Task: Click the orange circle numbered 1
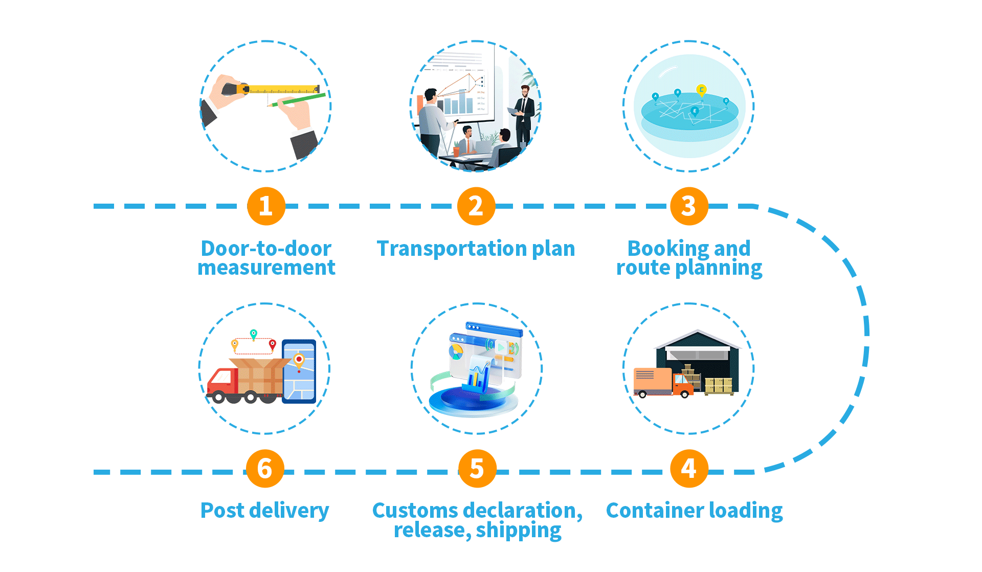[x=266, y=206]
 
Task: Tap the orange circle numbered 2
[x=476, y=206]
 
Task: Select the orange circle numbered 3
[x=689, y=206]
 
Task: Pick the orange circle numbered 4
[x=689, y=469]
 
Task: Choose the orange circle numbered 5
[x=477, y=469]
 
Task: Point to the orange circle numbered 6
[x=265, y=469]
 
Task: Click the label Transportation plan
[x=476, y=249]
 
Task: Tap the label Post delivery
[x=264, y=511]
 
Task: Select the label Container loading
[x=694, y=511]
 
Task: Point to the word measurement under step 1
[x=266, y=268]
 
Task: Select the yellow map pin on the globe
[x=702, y=90]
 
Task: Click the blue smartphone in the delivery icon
[x=299, y=371]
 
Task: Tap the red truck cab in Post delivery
[x=222, y=381]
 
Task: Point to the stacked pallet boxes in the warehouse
[x=718, y=385]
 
